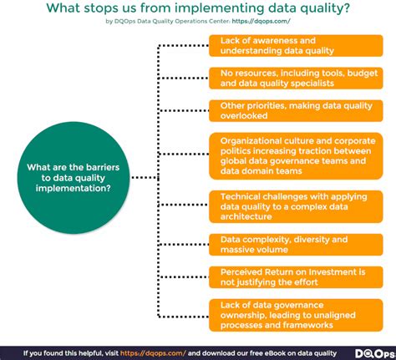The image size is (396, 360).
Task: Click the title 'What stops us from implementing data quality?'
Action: [198, 9]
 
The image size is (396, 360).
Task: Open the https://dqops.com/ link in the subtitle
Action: [254, 24]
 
